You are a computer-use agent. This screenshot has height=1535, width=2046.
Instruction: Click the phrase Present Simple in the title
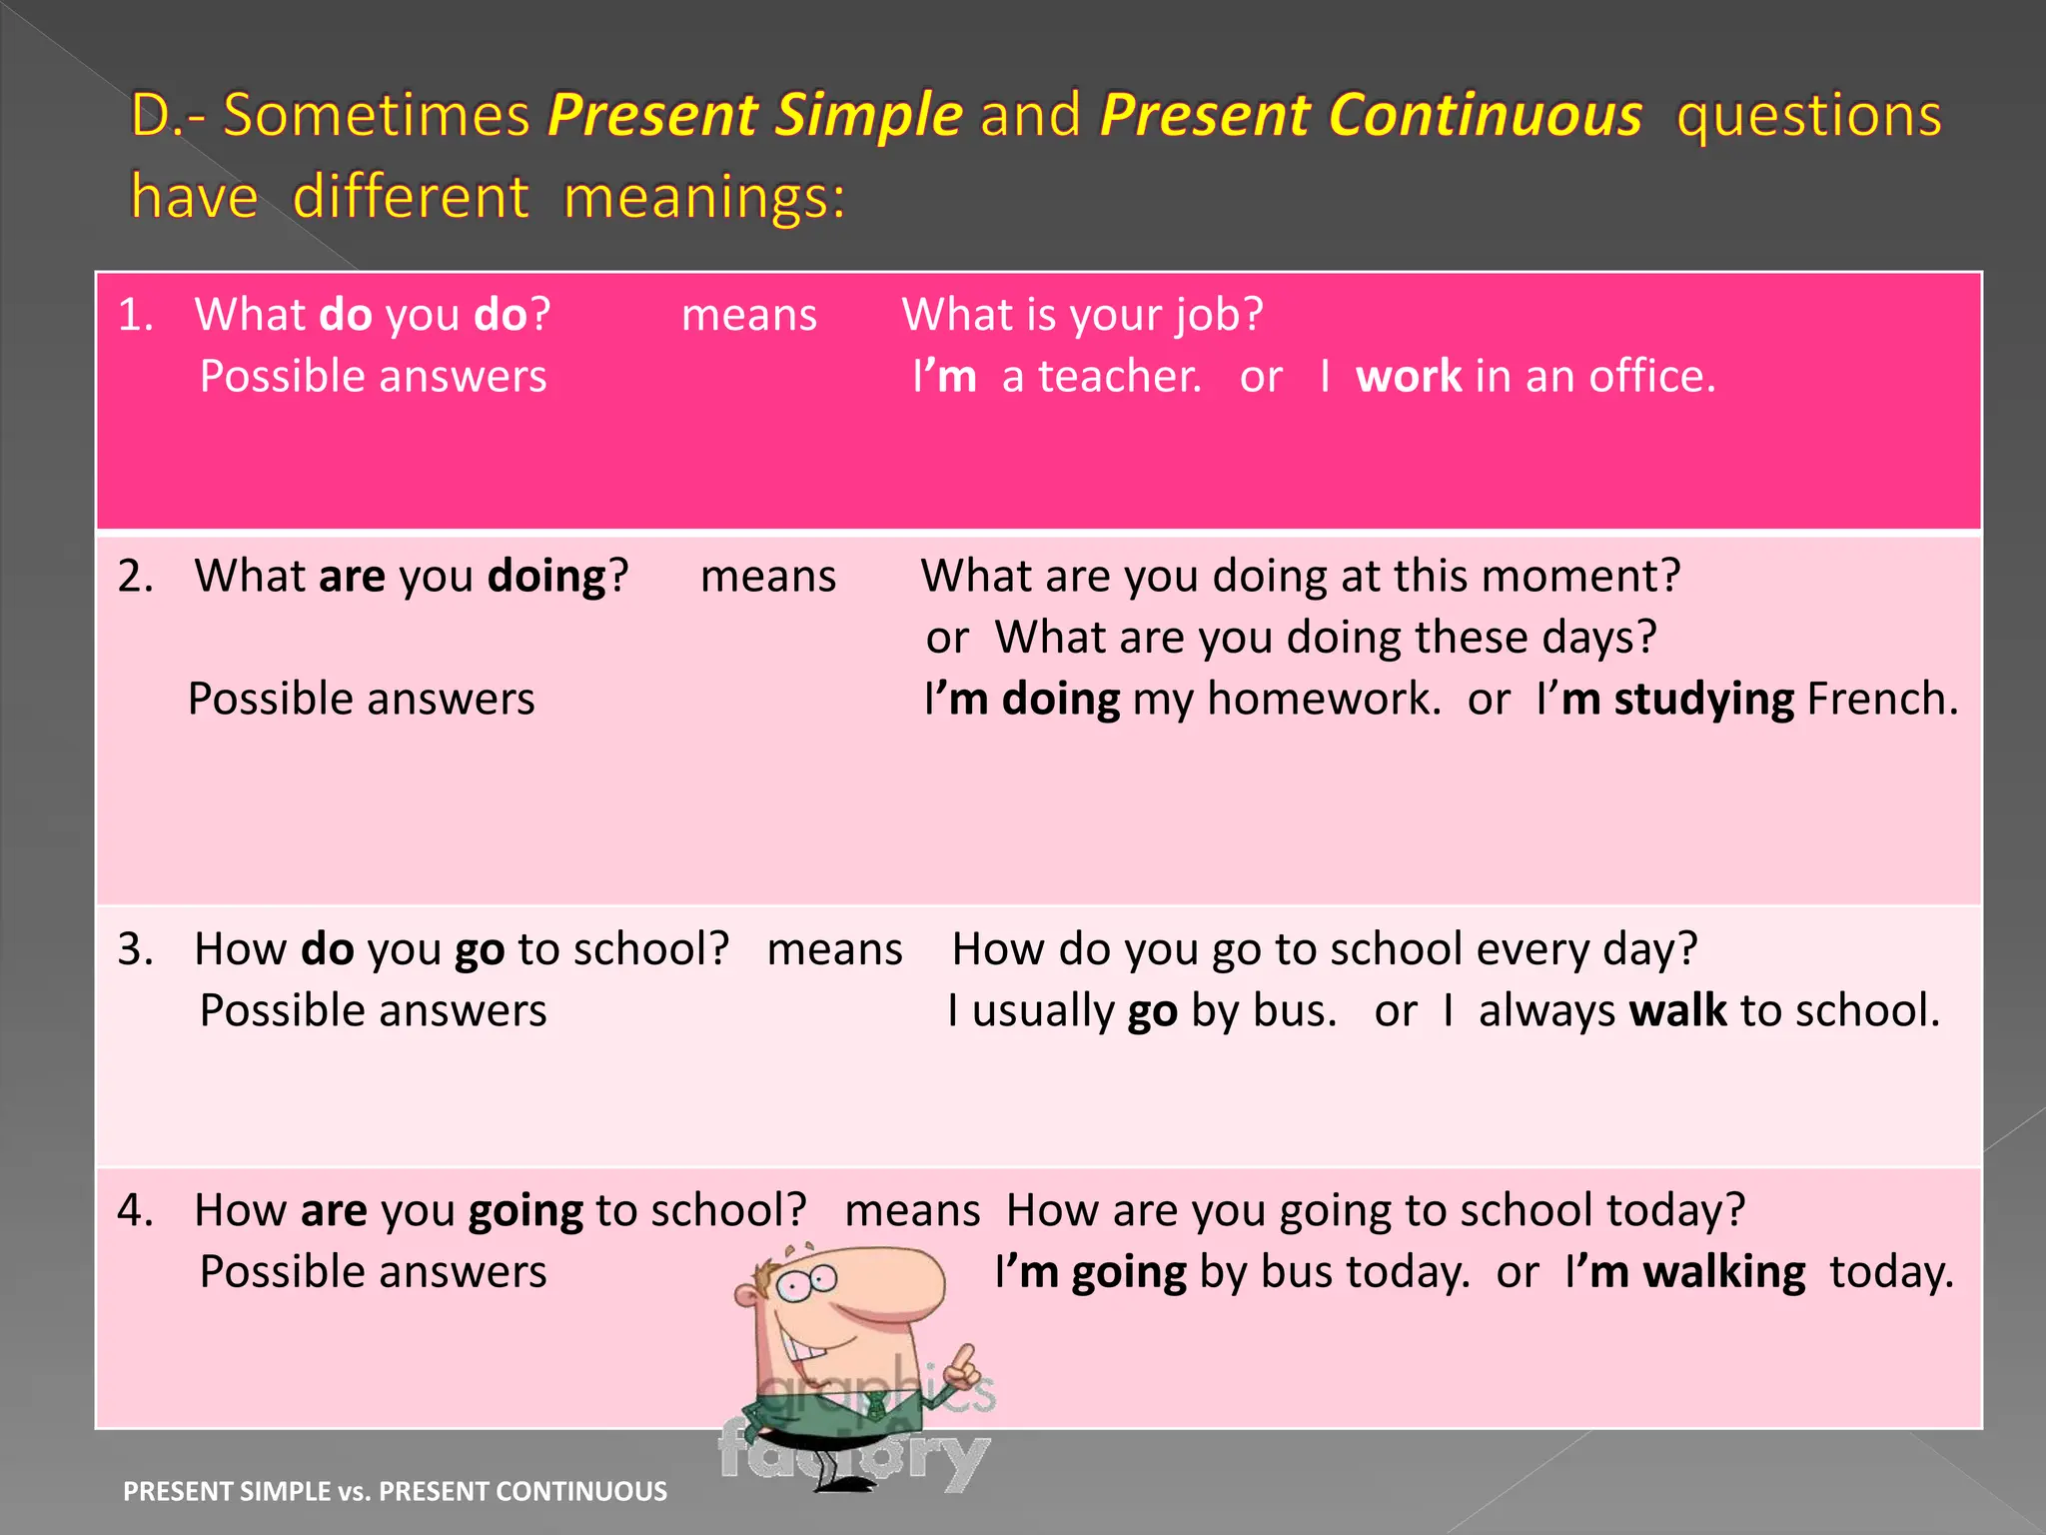pos(754,115)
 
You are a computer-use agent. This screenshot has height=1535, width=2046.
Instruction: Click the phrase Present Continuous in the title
pos(1370,115)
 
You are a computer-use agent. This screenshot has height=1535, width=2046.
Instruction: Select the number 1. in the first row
pos(135,315)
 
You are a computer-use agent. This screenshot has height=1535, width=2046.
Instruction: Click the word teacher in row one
pos(1118,377)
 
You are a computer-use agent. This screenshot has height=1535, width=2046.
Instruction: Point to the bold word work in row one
pos(1408,377)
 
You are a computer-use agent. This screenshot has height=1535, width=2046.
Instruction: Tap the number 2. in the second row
pos(135,577)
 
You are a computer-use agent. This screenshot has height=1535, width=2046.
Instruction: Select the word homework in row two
pos(1323,699)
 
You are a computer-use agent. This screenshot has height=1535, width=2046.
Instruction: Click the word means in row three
pos(834,949)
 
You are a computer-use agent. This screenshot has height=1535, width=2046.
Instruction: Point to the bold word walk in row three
pos(1677,1010)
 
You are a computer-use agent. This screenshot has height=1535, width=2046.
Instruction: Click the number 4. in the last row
pos(135,1210)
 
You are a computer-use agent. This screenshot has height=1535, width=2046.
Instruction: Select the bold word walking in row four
pos(1723,1272)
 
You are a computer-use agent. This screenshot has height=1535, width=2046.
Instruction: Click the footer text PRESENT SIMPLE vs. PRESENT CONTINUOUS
pos(395,1491)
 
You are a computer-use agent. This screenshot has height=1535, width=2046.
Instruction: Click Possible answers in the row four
pos(373,1272)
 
